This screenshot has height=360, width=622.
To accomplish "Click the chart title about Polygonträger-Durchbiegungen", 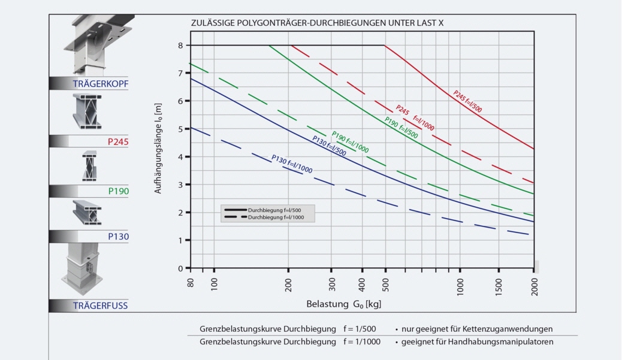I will [x=317, y=23].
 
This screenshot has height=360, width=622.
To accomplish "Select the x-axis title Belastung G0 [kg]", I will [x=343, y=304].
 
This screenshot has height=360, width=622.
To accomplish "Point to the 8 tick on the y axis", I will [x=180, y=46].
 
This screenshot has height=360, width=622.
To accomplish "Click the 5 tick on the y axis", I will [x=180, y=129].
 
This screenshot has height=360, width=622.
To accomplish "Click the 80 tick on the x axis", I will [x=190, y=282].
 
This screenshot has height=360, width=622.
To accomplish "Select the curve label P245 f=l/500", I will [x=467, y=102].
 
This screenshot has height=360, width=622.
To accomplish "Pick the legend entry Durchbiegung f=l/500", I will [x=279, y=211].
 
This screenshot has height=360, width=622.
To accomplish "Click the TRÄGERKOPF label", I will [x=100, y=83].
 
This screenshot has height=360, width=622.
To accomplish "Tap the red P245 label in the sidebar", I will [x=118, y=142].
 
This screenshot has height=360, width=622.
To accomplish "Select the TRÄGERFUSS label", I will [x=100, y=305].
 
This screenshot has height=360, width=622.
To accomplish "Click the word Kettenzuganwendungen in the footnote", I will [x=511, y=329].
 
